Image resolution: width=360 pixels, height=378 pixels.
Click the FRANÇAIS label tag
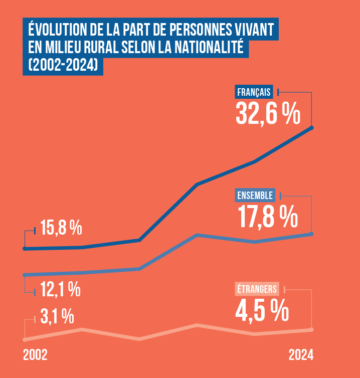254,92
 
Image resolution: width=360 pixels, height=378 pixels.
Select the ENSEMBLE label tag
255,195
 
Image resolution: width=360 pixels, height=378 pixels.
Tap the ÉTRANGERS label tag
257,289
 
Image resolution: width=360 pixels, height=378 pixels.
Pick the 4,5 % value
262,310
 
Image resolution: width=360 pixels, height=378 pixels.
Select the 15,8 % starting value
61,229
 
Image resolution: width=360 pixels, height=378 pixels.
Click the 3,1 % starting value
57,317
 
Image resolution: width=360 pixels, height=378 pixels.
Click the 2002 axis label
35,355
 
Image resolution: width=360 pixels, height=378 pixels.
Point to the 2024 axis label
301,355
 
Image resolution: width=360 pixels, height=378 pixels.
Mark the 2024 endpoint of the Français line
312,128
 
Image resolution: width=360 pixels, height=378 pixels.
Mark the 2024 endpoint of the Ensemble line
312,234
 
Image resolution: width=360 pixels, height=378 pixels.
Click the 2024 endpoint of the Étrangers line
312,329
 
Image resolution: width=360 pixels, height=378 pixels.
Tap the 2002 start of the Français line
25,248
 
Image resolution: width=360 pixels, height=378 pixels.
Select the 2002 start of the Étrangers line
25,339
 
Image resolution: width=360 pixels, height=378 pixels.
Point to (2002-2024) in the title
63,65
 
